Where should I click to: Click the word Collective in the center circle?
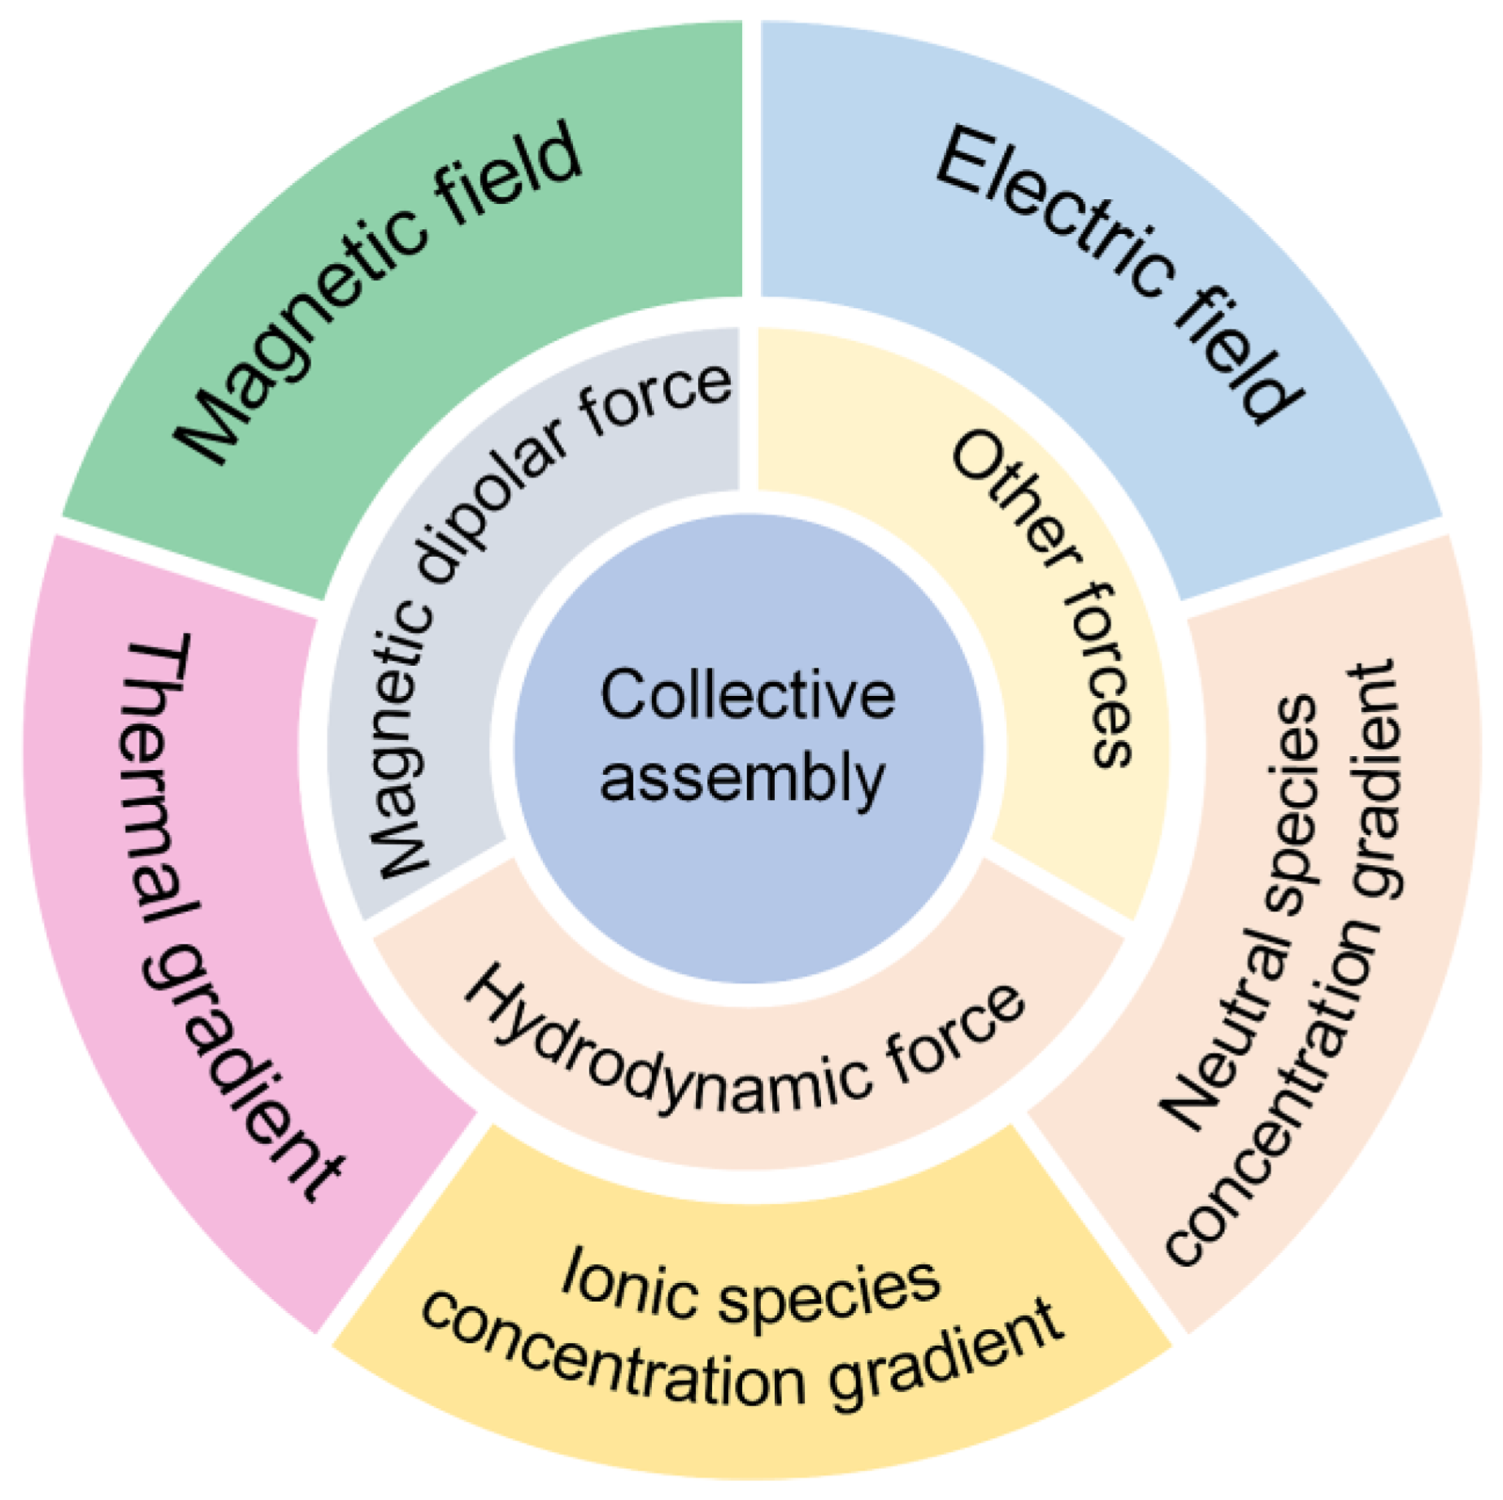pyautogui.click(x=747, y=696)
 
